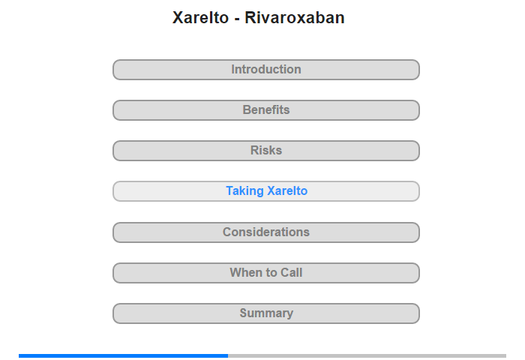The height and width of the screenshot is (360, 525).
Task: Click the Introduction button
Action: click(265, 70)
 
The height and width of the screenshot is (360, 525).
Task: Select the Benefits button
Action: click(265, 110)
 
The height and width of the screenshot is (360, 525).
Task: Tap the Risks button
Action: click(265, 151)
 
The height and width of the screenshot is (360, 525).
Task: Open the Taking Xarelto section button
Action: click(265, 191)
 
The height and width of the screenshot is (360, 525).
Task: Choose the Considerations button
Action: click(265, 232)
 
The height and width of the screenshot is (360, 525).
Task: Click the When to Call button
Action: click(265, 273)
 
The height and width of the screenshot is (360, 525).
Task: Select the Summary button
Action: click(265, 313)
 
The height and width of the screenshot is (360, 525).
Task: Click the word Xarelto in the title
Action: click(200, 18)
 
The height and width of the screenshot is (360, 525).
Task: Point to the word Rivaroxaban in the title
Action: click(295, 18)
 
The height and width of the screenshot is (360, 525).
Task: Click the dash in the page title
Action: click(237, 19)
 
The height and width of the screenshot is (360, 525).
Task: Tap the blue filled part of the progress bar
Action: click(123, 355)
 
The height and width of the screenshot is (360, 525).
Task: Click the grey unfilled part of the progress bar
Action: click(367, 355)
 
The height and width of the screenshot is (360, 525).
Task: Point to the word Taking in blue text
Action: click(244, 191)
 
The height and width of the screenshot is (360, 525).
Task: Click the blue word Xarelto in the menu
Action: click(287, 191)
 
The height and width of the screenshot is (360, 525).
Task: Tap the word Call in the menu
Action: click(291, 272)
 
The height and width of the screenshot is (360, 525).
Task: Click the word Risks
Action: click(266, 150)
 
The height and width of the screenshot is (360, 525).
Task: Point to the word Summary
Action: click(266, 313)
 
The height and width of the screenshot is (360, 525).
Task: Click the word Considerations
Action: click(266, 232)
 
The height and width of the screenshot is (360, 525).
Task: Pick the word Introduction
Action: click(266, 69)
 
